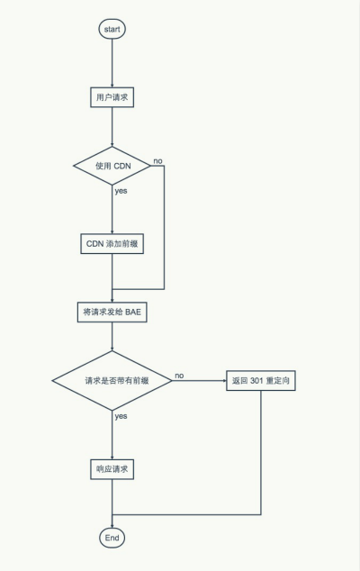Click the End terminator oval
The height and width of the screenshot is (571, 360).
pyautogui.click(x=112, y=537)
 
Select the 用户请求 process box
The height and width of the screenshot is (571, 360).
pyautogui.click(x=112, y=97)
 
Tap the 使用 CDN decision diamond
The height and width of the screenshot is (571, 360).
pyautogui.click(x=112, y=167)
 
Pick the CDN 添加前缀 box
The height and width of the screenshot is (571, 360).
pyautogui.click(x=112, y=244)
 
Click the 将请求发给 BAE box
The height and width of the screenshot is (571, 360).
pyautogui.click(x=112, y=313)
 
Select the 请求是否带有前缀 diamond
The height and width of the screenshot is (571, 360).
pyautogui.click(x=112, y=381)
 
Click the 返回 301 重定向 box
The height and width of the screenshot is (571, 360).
pyautogui.click(x=260, y=381)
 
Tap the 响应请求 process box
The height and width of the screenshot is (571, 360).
pyautogui.click(x=112, y=469)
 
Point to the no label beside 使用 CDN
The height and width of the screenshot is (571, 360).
pyautogui.click(x=157, y=160)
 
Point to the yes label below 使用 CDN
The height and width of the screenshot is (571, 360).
pyautogui.click(x=121, y=192)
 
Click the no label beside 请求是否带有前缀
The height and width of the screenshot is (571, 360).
pyautogui.click(x=179, y=375)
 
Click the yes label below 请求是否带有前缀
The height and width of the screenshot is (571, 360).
pyautogui.click(x=121, y=416)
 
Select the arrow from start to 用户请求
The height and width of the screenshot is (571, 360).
pyautogui.click(x=112, y=63)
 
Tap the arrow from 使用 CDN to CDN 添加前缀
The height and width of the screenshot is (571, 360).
pyautogui.click(x=112, y=212)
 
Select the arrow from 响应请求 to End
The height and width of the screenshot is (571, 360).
pyautogui.click(x=112, y=504)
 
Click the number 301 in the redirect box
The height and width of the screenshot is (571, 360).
pyautogui.click(x=256, y=381)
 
